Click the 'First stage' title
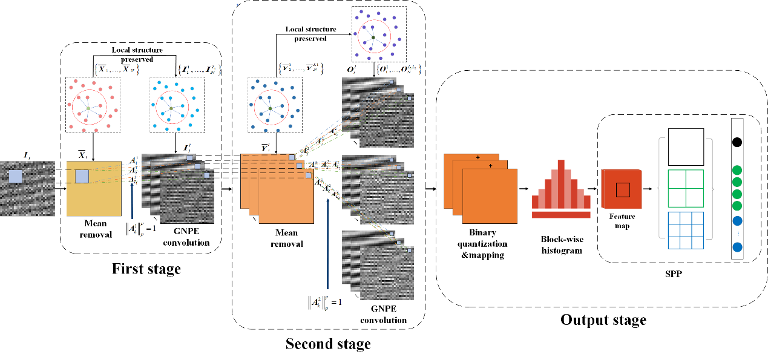click(146, 268)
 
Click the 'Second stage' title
click(328, 344)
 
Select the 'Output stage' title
click(603, 319)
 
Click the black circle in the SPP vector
click(737, 143)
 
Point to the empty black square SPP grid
click(686, 147)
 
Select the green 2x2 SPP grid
click(686, 188)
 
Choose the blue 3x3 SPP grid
click(686, 230)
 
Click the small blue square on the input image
click(15, 177)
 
